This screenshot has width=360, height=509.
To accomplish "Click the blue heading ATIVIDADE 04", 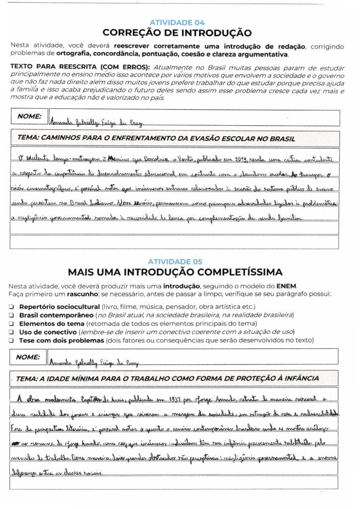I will point(177,22).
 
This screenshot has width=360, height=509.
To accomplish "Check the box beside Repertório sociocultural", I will point(12,307).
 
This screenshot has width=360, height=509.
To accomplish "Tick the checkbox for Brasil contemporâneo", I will point(12,316).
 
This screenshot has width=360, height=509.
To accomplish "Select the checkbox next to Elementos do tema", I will point(12,324).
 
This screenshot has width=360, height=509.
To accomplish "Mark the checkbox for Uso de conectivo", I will point(12,332).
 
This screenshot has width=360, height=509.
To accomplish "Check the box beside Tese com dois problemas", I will point(12,340).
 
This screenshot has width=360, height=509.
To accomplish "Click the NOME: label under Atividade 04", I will point(29,116).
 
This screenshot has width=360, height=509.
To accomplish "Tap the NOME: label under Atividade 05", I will point(29,357).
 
